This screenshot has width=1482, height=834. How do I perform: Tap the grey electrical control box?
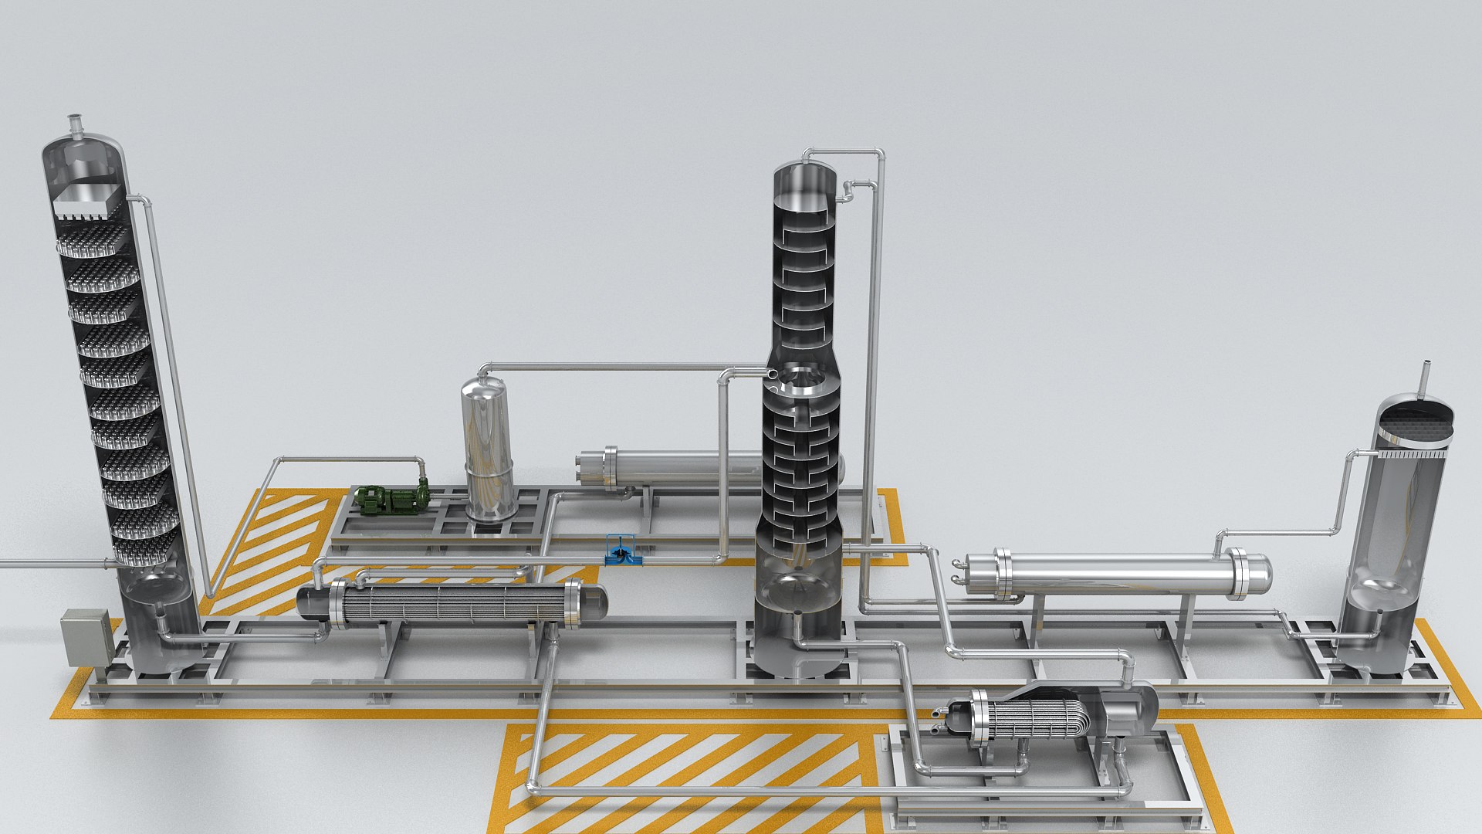pos(86,637)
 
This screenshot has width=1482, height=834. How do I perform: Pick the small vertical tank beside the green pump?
pos(488,448)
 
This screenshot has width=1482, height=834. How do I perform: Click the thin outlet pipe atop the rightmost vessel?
pos(1426,378)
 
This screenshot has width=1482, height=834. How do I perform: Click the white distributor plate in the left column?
pos(86,201)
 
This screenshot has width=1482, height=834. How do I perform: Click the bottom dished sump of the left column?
pos(158,587)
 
